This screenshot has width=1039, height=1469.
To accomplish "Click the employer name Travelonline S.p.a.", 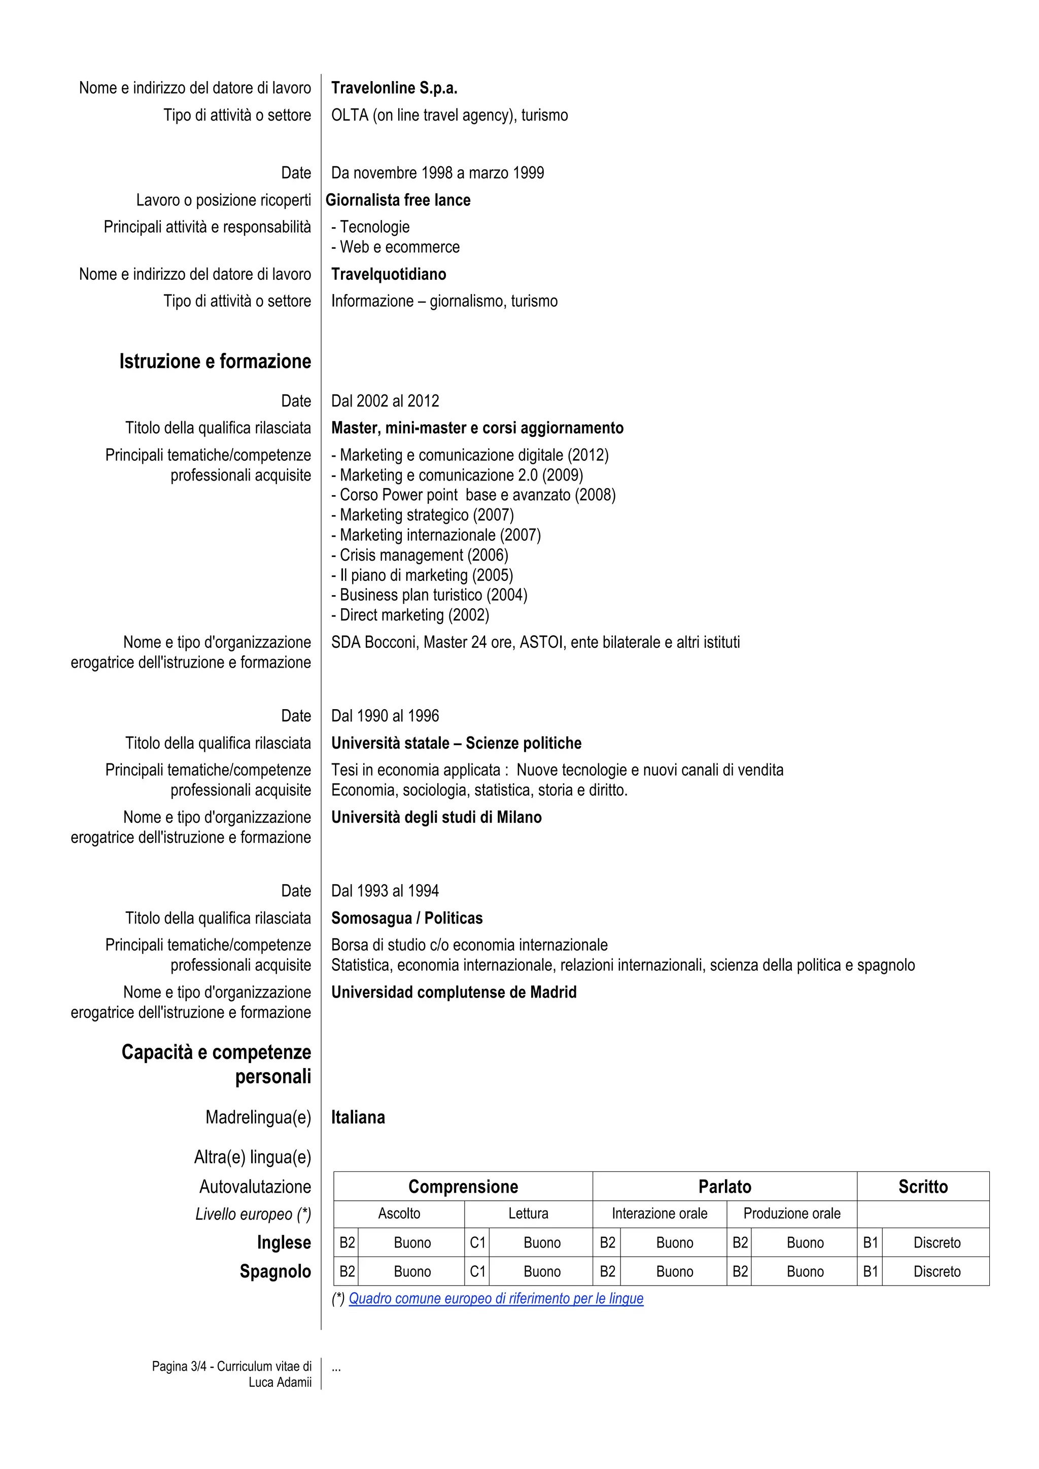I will pos(394,88).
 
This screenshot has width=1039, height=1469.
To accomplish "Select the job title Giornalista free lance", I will pos(398,200).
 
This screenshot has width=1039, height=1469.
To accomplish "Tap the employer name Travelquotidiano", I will pos(389,274).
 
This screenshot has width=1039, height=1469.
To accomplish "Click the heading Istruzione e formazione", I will pos(215,361).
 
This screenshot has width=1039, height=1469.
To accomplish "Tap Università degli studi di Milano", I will pos(436,817).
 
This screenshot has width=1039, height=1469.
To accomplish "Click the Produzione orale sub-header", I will pos(791,1213).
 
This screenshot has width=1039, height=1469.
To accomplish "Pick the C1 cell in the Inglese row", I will pos(477,1242).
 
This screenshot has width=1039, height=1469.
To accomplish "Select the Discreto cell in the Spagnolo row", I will pos(936,1271).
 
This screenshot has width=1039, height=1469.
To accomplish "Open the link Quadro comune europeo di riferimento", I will pos(496,1298).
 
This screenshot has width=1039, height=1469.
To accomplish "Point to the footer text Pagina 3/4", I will pos(179,1366).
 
